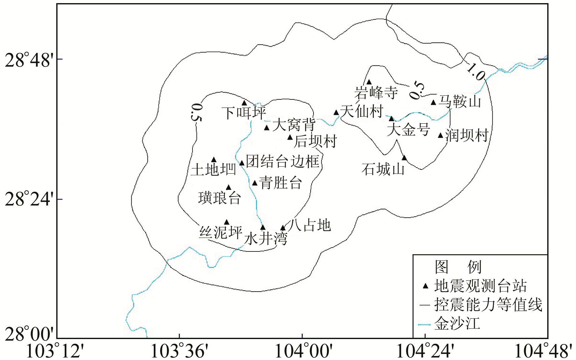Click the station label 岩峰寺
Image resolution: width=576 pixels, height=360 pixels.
click(x=376, y=93)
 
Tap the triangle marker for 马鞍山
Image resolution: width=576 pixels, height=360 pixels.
click(x=433, y=103)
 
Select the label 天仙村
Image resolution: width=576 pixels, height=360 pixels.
click(x=362, y=111)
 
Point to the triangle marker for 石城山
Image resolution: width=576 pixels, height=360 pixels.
click(x=404, y=158)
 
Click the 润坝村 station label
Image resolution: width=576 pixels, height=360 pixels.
click(x=467, y=135)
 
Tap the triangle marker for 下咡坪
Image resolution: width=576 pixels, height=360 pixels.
click(x=244, y=103)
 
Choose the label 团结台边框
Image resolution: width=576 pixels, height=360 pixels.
click(x=283, y=161)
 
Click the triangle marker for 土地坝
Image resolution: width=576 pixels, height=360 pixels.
click(x=214, y=160)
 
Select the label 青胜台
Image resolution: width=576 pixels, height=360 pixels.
click(x=280, y=183)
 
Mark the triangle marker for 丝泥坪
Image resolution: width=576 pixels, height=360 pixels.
click(x=227, y=222)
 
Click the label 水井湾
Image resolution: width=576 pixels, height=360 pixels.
click(x=266, y=239)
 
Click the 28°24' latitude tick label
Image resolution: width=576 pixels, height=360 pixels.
click(x=29, y=199)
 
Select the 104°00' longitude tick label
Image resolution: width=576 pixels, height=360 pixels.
click(x=302, y=351)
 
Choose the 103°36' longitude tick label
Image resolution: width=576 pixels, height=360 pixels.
click(x=179, y=351)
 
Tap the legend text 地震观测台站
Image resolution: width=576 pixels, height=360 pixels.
click(x=480, y=286)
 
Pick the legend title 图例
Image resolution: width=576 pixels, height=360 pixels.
click(x=458, y=267)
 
